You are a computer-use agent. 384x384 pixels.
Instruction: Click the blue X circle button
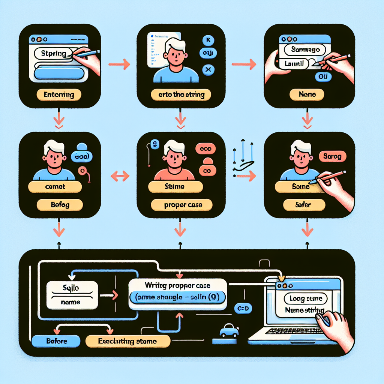[x=208, y=70]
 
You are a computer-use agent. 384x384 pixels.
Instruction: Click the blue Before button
[x=56, y=341]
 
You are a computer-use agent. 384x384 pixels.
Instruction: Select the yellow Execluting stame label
[x=127, y=341]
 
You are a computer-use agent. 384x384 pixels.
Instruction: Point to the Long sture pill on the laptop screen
[x=306, y=299]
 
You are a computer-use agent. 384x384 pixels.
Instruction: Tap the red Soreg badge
[x=331, y=156]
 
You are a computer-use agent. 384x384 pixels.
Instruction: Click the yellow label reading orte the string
[x=181, y=95]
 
